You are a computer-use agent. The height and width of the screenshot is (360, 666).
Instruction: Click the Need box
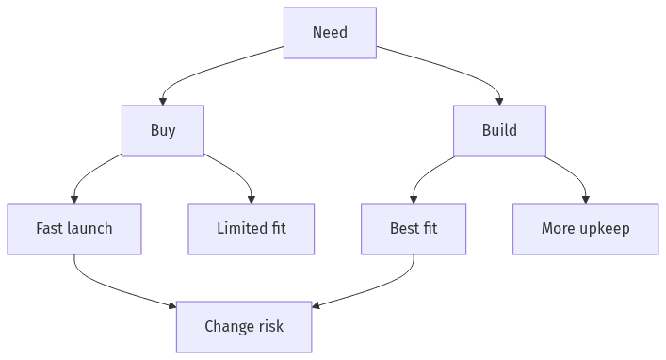[330, 33]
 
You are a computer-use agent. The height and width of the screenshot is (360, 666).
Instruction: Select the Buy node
[162, 130]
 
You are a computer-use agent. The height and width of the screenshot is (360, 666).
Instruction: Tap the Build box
[499, 130]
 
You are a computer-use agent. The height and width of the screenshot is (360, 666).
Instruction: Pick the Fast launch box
[74, 228]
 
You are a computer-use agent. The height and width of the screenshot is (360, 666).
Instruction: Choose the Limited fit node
[252, 228]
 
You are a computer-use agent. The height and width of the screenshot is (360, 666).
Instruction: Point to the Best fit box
[414, 228]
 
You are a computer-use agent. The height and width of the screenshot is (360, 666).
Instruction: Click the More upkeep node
[585, 228]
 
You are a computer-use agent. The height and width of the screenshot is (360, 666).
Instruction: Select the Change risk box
[244, 326]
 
